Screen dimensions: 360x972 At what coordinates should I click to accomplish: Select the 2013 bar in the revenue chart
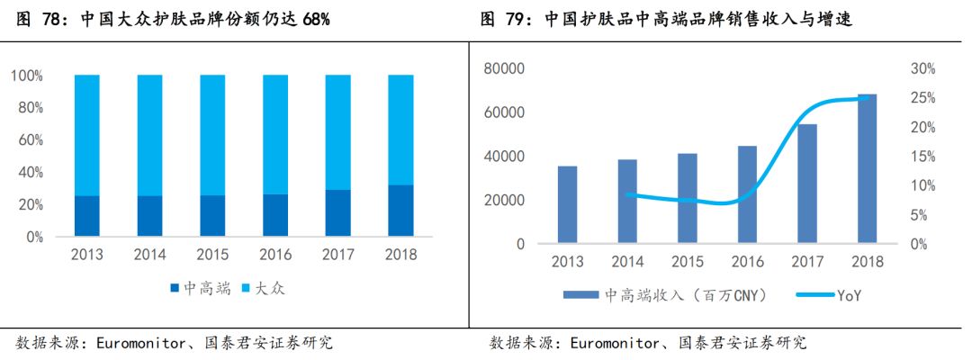click(567, 204)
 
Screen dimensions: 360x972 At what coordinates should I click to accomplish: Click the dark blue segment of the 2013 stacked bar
click(87, 216)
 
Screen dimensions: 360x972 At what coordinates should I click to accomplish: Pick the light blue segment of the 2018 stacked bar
click(400, 130)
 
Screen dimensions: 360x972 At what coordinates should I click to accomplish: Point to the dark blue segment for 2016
click(275, 215)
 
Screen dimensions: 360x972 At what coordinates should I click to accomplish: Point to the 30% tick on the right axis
click(924, 68)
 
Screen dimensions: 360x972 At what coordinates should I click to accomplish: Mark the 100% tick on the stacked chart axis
click(27, 76)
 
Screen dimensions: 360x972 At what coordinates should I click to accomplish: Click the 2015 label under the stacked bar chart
click(212, 255)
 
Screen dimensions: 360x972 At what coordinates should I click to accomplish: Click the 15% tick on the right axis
click(924, 157)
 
